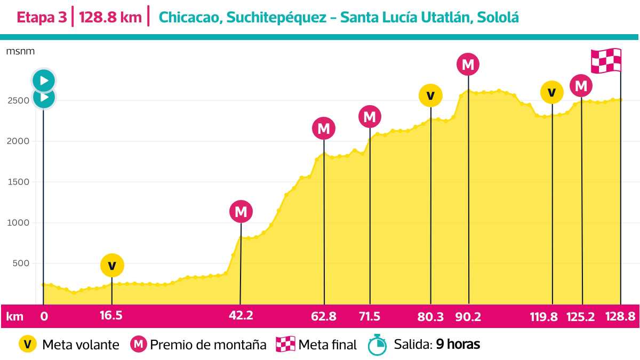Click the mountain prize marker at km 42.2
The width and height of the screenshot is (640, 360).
tap(241, 212)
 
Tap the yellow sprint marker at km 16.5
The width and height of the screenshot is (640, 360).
tap(111, 265)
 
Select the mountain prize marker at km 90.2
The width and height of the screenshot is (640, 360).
tap(468, 65)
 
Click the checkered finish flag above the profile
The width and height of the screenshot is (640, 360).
tap(606, 61)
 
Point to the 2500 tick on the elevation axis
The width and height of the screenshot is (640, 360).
tap(18, 101)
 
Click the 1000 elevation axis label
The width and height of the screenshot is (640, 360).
tap(18, 223)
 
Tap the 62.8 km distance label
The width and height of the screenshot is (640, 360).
tap(324, 316)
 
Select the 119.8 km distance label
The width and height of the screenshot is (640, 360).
tap(544, 316)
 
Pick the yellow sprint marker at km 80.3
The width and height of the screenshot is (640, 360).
tap(430, 95)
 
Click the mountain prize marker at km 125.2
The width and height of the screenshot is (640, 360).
tap(581, 86)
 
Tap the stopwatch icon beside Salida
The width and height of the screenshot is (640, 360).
tap(377, 345)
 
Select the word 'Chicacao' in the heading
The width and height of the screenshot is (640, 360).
tap(189, 18)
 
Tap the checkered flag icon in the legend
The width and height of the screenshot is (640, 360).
tap(285, 345)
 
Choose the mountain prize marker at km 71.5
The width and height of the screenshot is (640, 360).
tap(370, 116)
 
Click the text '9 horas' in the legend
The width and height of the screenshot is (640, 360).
tap(458, 345)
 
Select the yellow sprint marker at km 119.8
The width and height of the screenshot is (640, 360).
tap(551, 93)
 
